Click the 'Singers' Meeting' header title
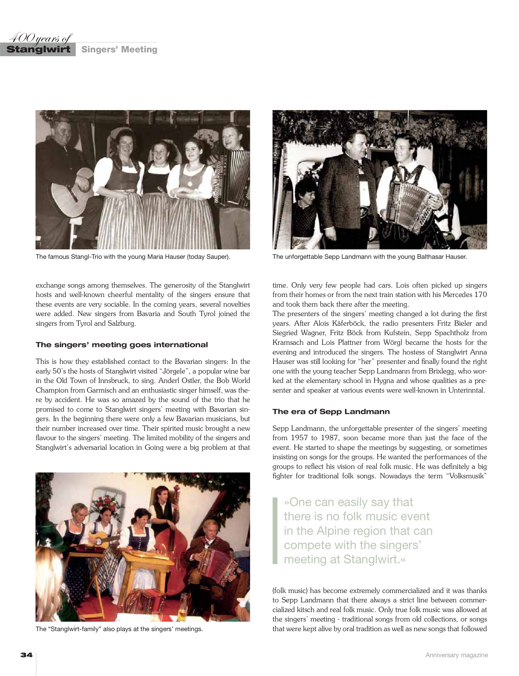point(119,49)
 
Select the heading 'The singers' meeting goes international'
point(122,345)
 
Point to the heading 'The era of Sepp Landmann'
point(331,411)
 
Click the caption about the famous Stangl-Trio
point(133,257)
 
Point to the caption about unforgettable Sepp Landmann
point(369,257)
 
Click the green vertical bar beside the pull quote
point(275,531)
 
